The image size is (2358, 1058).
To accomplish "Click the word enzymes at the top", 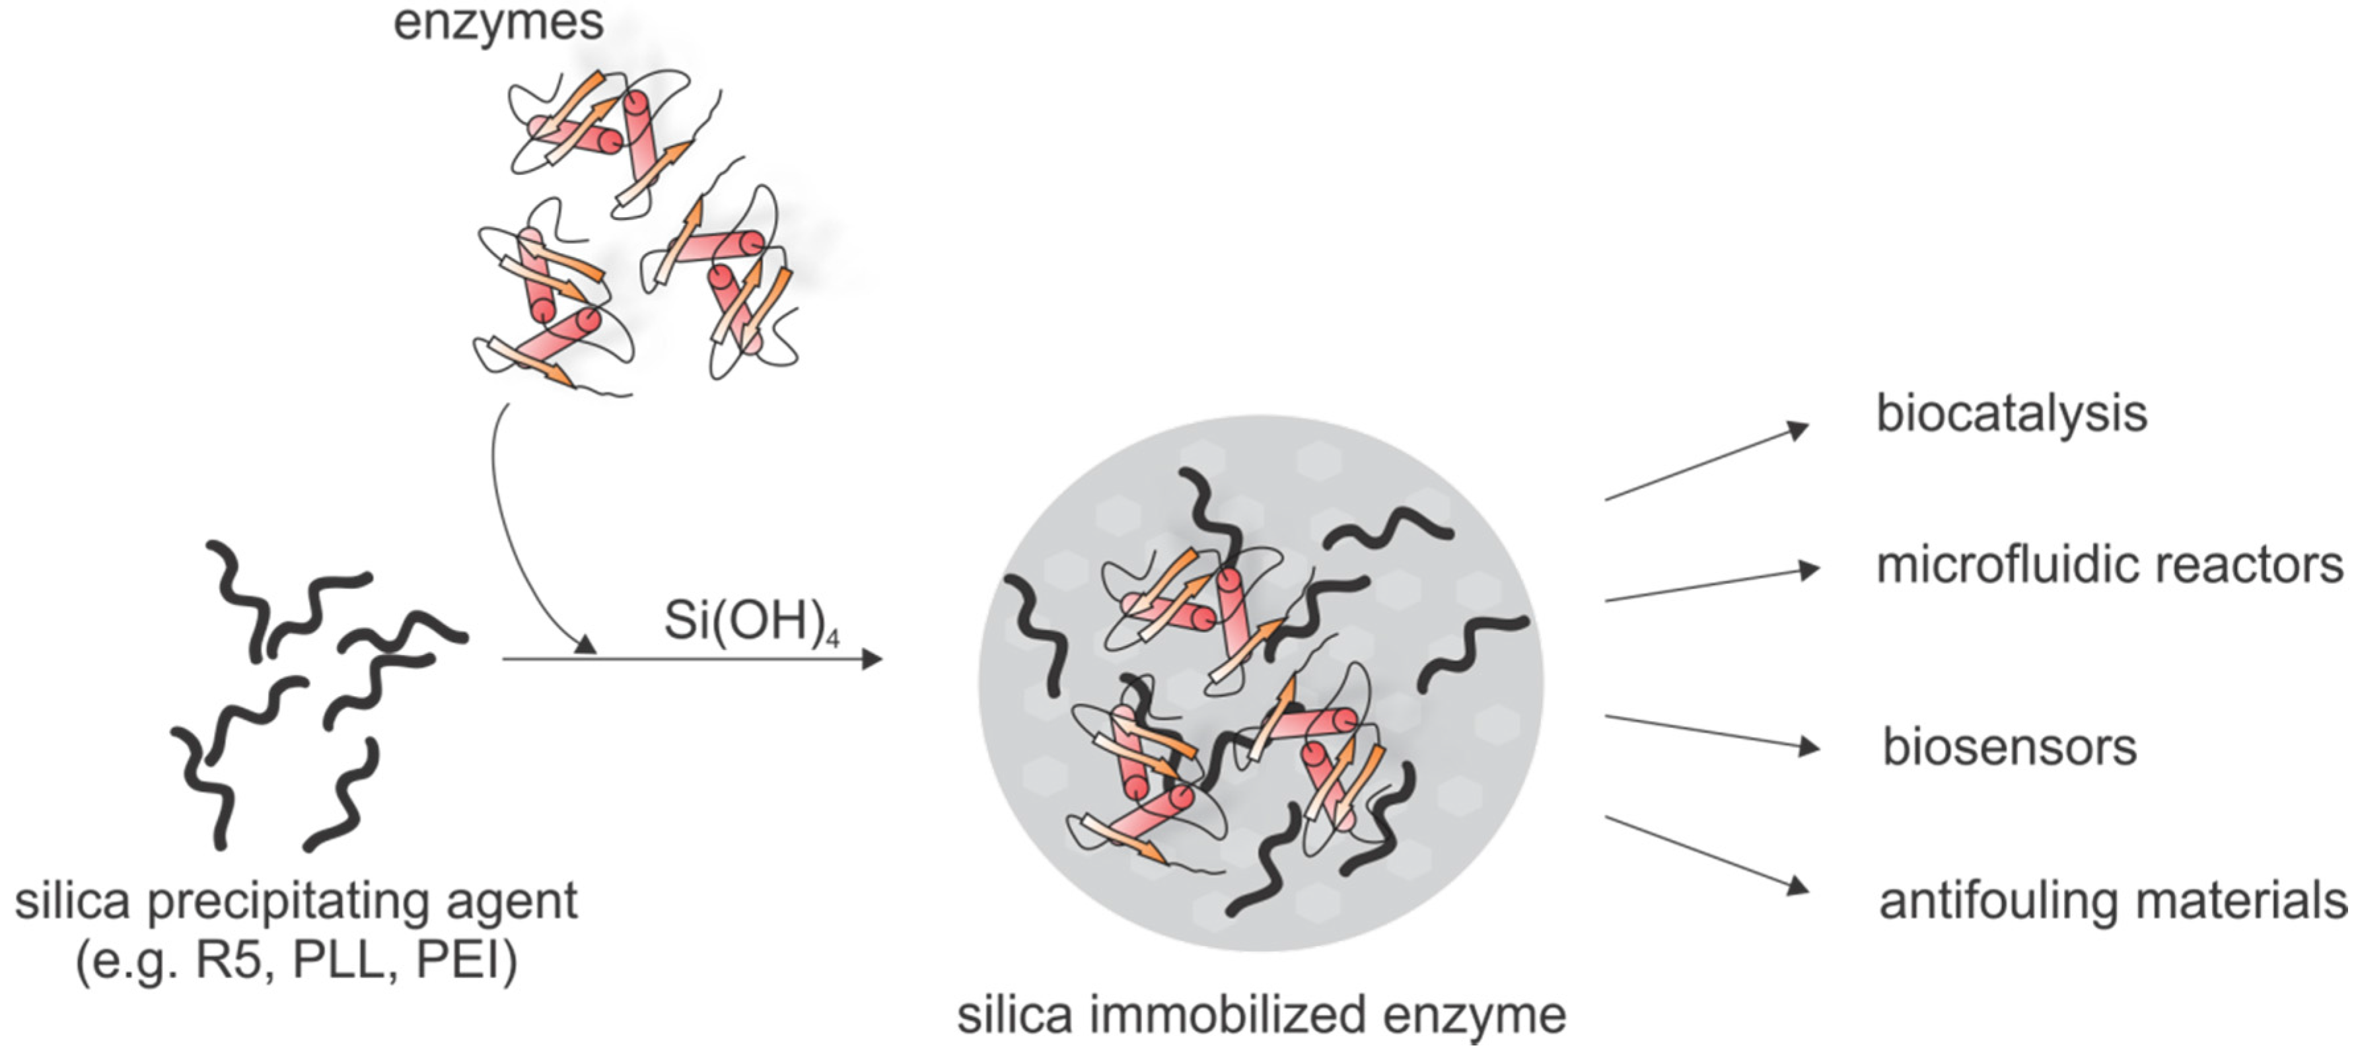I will click(498, 22).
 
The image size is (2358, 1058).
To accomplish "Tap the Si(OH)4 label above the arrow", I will click(750, 621).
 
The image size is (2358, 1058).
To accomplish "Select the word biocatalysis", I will click(2011, 413).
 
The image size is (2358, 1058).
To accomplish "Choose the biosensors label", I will click(2009, 748).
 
